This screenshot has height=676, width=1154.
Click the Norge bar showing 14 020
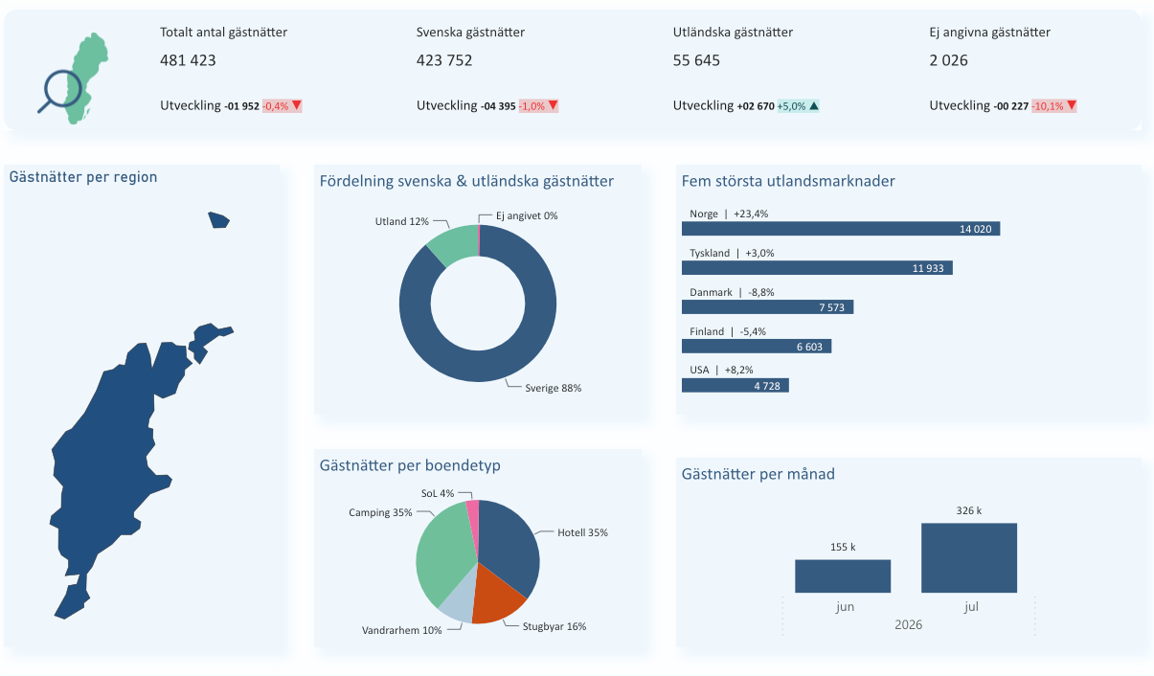tap(841, 228)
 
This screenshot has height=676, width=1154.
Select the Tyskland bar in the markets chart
tap(817, 267)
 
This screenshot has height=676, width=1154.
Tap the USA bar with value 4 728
tap(735, 386)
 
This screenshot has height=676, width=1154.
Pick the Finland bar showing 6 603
tap(757, 347)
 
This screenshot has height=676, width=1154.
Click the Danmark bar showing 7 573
tap(768, 307)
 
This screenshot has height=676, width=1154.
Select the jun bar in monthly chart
tap(843, 576)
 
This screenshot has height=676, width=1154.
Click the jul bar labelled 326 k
tap(969, 558)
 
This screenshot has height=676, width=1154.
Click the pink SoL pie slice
tap(473, 515)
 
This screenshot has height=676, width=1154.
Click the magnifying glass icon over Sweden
tap(60, 90)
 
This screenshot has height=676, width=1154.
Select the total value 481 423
tap(188, 60)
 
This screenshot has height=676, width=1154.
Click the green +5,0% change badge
tap(798, 105)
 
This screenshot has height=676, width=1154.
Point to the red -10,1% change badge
tap(1054, 105)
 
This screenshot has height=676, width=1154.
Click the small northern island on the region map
tap(219, 220)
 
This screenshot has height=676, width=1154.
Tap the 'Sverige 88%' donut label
tap(554, 388)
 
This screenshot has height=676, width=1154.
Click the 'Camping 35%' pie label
tap(380, 512)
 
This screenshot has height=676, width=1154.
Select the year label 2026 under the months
tap(908, 624)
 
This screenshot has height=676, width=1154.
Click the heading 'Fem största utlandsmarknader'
tap(788, 181)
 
